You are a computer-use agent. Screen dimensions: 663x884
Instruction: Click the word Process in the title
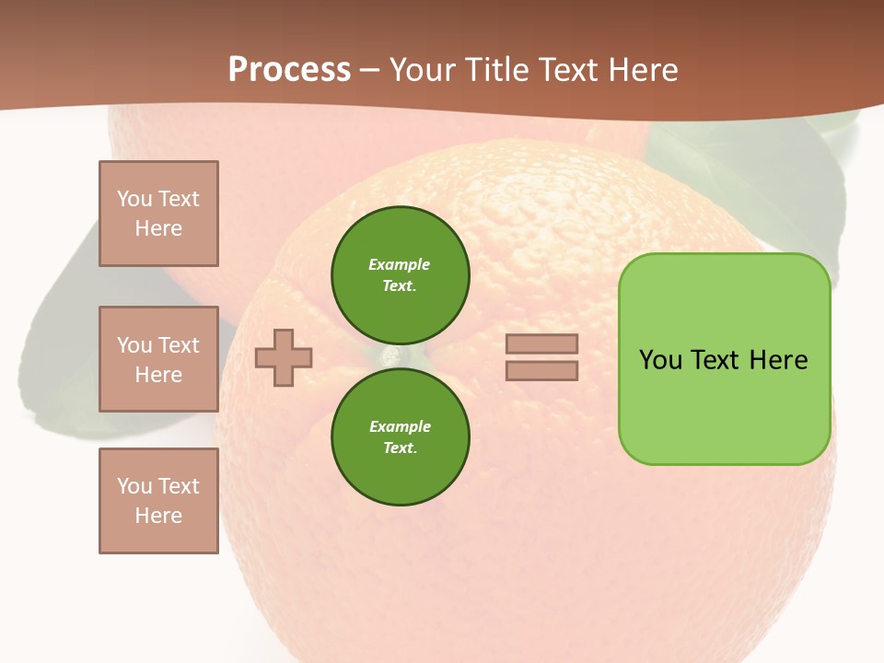[x=289, y=70]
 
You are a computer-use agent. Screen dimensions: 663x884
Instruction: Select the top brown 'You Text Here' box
[x=158, y=214]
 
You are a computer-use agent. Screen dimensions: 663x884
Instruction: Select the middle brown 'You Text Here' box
[x=158, y=359]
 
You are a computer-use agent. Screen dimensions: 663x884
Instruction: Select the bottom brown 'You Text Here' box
[x=158, y=501]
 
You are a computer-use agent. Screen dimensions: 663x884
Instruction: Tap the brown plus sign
[x=284, y=357]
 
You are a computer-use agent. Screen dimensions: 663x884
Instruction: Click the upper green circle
[x=400, y=275]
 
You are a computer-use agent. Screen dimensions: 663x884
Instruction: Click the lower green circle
[x=400, y=436]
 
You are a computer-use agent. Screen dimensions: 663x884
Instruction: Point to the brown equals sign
[x=541, y=357]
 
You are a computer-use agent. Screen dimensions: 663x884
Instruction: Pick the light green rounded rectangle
[x=724, y=359]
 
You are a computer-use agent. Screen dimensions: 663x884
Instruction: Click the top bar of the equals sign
[x=541, y=343]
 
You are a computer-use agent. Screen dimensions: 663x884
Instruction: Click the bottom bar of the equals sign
[x=541, y=371]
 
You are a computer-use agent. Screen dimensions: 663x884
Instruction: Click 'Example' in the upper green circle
[x=399, y=264]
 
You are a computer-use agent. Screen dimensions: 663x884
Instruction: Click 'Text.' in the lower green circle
[x=400, y=448]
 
